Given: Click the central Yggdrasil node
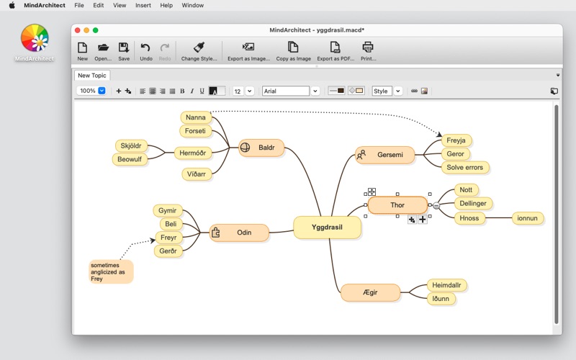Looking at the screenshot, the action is pos(327,228).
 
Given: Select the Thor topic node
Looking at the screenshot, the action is pos(397,205).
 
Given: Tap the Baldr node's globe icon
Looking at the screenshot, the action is pos(245,148).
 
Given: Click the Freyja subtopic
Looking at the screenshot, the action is pos(456,140).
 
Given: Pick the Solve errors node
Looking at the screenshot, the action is pos(464,168).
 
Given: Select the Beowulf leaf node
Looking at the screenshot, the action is pos(130,159).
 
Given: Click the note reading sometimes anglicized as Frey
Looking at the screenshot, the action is pos(111,272).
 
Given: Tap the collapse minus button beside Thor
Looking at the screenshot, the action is pos(436,206).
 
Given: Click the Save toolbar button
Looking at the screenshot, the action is pos(124,51).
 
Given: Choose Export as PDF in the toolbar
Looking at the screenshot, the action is pos(336,51).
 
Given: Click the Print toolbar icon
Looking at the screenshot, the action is pos(368,51).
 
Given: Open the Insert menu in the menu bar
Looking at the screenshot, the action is pos(143,6).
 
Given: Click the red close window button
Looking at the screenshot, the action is pos(78,30).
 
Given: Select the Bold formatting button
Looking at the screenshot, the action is pos(182,91).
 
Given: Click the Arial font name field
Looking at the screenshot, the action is pos(285,91).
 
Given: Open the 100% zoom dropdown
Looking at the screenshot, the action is pos(102,91).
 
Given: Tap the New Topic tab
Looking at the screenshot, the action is pos(92,76).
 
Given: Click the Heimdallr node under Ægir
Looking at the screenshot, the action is pos(446,285).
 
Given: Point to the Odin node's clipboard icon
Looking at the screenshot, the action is pos(215,233).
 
